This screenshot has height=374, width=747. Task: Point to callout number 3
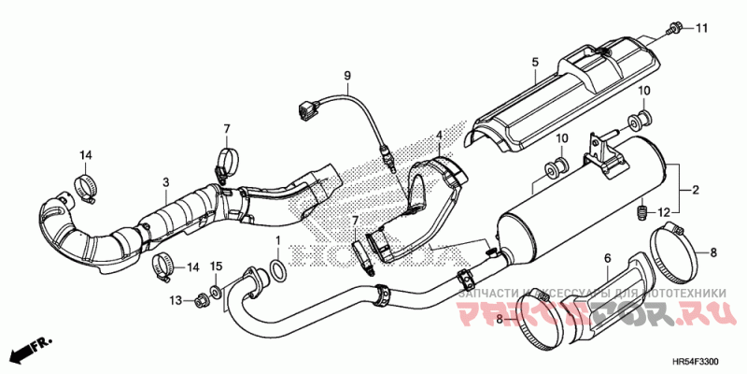(x=165, y=181)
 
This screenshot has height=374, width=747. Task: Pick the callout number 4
(x=437, y=137)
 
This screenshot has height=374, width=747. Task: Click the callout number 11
(x=702, y=30)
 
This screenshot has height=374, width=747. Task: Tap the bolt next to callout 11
(x=674, y=30)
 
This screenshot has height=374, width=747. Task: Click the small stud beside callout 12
(x=643, y=212)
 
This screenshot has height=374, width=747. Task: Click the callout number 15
(x=216, y=266)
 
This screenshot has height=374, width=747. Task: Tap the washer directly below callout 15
(x=216, y=293)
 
